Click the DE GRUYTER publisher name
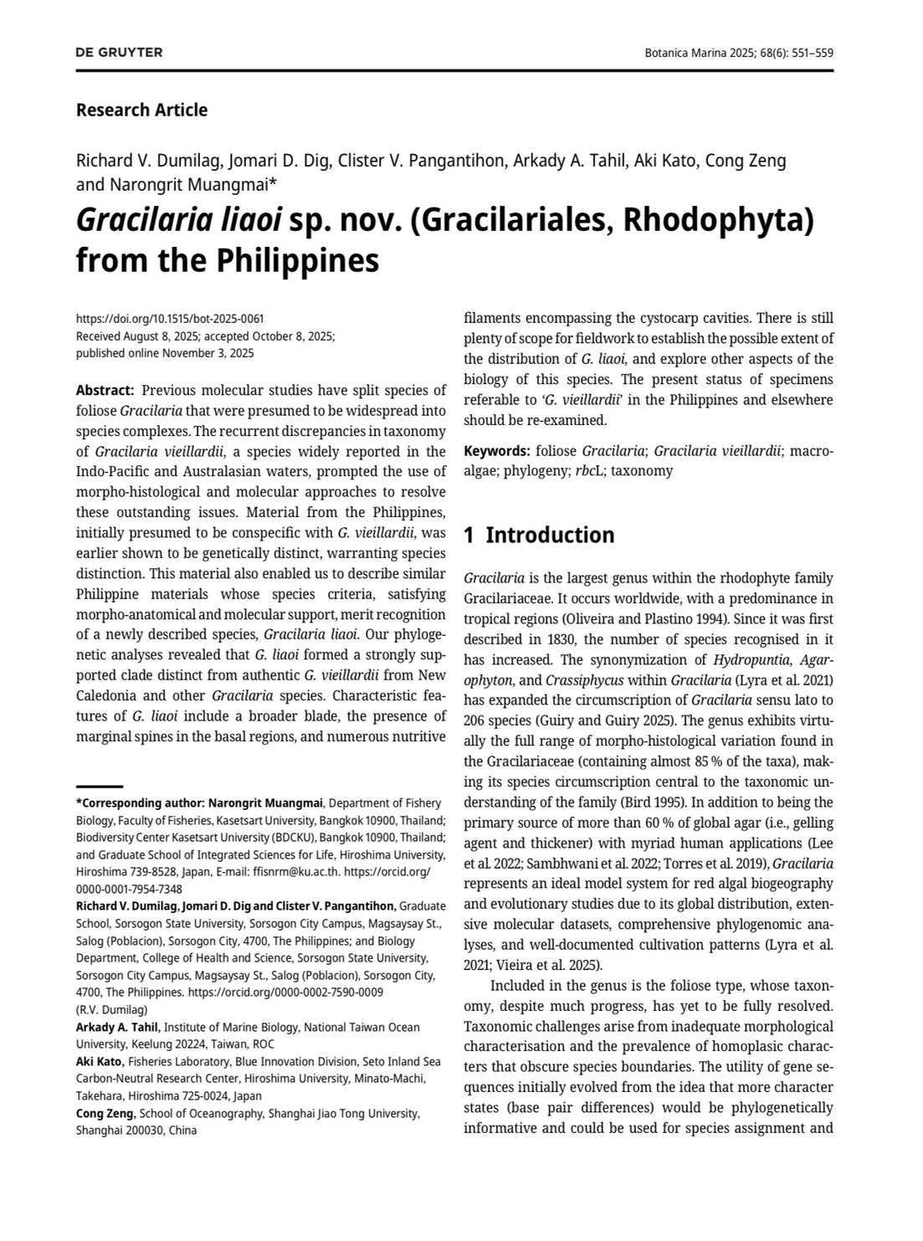[x=119, y=53]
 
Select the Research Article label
[x=141, y=110]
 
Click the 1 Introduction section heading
[x=539, y=535]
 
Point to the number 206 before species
[x=475, y=720]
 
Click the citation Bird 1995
[x=647, y=802]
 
